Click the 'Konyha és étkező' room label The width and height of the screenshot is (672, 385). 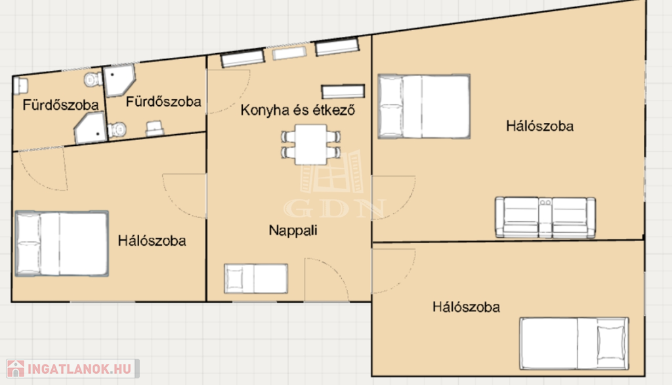pos(297,110)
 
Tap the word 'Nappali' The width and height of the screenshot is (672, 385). pos(293,230)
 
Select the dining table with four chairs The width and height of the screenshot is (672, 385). pos(310,145)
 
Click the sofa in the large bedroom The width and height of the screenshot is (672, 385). pos(545,217)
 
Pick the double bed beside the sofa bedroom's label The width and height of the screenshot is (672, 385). pos(424,106)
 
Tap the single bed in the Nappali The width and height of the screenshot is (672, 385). pos(256,279)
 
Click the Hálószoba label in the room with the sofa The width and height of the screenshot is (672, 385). pos(539,126)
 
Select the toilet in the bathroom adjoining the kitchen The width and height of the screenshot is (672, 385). pos(117,129)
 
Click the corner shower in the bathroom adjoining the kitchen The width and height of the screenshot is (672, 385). pos(119,80)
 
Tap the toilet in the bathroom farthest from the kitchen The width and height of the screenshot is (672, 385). pos(93,79)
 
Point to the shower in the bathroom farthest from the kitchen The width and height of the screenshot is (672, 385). pos(91,127)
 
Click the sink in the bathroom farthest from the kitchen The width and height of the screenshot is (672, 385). pos(20,85)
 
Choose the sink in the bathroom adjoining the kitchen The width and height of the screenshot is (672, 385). pos(154,129)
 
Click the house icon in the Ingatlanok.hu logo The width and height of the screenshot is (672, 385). pos(16,369)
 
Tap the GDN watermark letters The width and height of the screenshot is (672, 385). pos(335,209)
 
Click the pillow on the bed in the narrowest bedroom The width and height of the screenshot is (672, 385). pos(612,343)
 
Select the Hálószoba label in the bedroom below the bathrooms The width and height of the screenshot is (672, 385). pos(152,240)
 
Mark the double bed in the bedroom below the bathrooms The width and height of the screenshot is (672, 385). pos(62,243)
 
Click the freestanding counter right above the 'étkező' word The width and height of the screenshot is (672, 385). pos(343,91)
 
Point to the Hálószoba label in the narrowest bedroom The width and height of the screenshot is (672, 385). pos(466,307)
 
